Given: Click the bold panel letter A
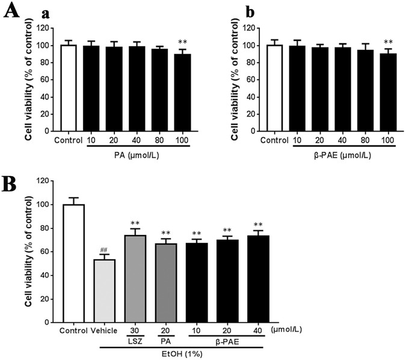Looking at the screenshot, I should pos(11,13).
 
